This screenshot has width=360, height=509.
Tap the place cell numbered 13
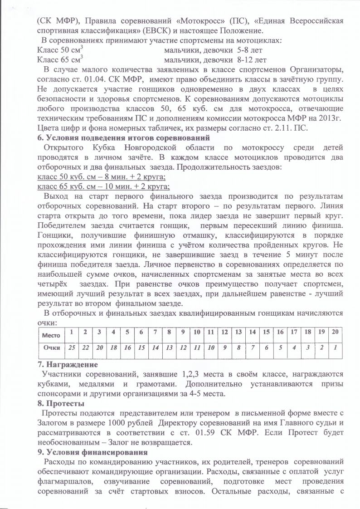(239, 333)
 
